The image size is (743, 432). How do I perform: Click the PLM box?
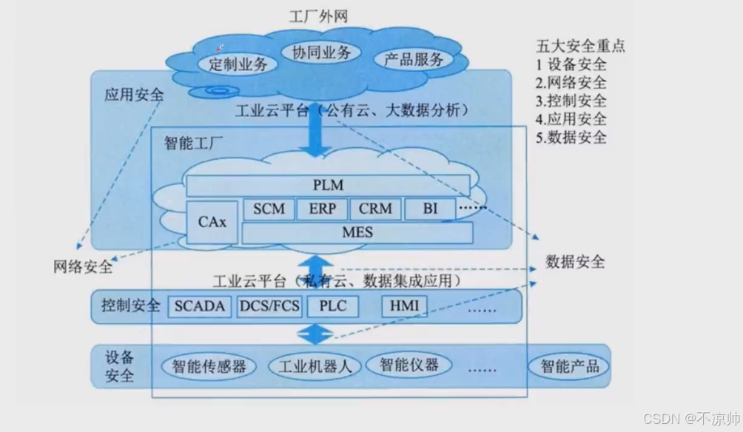tap(328, 185)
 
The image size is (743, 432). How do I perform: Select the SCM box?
tap(269, 209)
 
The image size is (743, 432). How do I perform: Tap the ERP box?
tap(322, 209)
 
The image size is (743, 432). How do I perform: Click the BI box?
tap(430, 209)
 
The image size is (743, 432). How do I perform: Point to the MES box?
tap(357, 233)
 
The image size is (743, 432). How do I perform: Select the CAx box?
tap(212, 222)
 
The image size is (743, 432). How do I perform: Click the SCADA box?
tap(200, 306)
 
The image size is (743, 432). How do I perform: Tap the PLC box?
tap(332, 306)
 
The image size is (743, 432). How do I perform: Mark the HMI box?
tap(404, 306)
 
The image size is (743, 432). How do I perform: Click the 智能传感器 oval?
tap(209, 366)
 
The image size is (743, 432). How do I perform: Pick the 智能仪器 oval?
tap(409, 365)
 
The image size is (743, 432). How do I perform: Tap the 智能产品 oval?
tap(569, 366)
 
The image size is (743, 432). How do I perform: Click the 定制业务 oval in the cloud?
tap(238, 64)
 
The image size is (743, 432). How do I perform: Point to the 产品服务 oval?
tap(414, 60)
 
